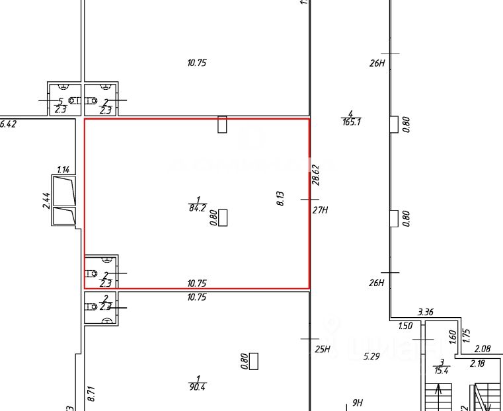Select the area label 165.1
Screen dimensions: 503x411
351,122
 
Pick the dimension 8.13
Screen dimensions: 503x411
280,199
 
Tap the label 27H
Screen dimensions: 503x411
321,211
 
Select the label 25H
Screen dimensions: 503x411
322,350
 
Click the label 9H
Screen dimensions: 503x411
358,402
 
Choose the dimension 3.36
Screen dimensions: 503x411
425,312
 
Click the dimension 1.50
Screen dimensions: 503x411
405,326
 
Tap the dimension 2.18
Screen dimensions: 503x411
477,363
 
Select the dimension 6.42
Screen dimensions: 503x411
7,124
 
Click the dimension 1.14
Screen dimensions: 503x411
63,169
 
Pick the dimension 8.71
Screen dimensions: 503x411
92,394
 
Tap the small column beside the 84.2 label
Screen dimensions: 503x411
223,217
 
